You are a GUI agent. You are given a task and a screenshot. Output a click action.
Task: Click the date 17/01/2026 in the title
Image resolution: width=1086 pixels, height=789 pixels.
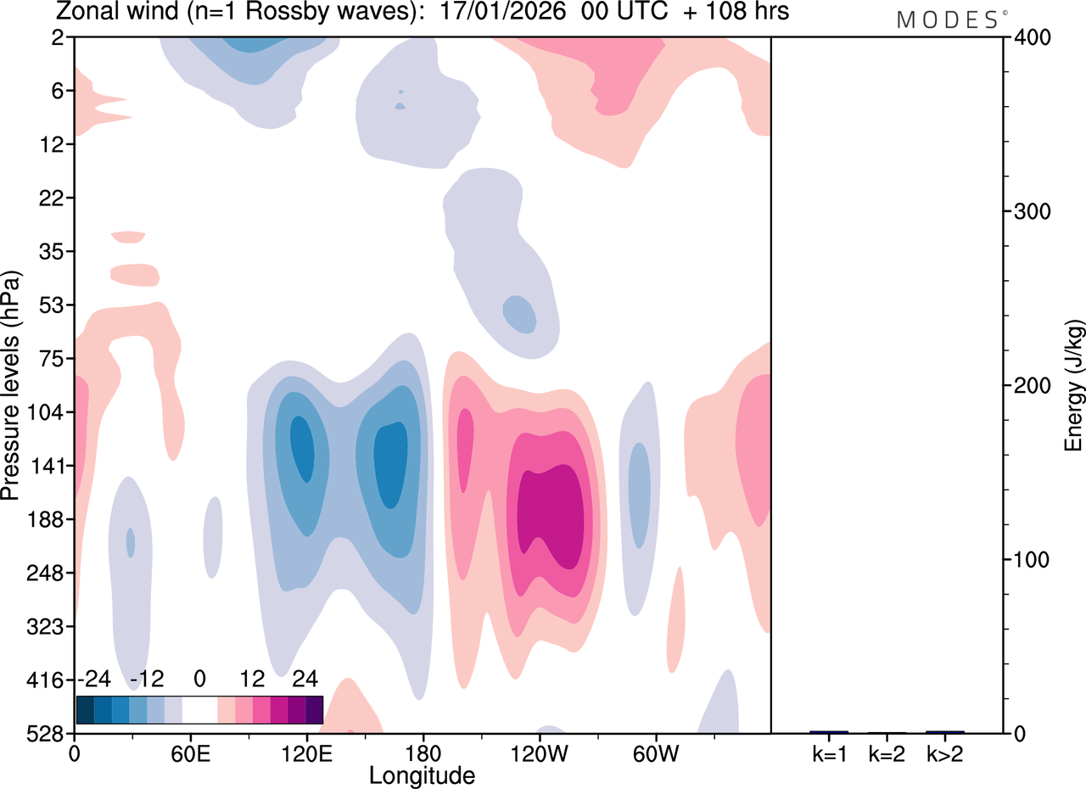(502, 11)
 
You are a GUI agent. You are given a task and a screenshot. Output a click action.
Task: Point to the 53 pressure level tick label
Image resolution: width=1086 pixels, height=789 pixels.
(52, 305)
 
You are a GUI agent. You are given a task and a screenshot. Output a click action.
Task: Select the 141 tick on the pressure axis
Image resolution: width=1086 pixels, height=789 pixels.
(47, 466)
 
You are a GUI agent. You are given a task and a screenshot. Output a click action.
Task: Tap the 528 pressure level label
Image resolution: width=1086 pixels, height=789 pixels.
(45, 734)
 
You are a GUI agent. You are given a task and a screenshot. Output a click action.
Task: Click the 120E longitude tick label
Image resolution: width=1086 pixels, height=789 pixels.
(307, 754)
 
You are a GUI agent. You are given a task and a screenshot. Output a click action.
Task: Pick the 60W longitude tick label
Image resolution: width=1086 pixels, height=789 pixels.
(656, 754)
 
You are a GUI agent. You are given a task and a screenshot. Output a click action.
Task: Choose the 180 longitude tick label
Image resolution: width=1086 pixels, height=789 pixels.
(423, 754)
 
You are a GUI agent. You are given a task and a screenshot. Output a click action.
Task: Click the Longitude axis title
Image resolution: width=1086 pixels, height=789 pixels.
(422, 776)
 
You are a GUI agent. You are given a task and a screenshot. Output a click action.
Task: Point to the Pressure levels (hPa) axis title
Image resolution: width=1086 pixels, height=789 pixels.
(11, 385)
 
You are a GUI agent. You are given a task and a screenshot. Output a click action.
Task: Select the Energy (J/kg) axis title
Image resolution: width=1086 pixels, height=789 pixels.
(1073, 385)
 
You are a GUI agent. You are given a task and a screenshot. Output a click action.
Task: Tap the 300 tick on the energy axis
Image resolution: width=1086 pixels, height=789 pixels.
(1033, 212)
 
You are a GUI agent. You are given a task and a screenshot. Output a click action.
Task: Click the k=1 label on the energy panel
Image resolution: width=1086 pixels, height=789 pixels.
(829, 754)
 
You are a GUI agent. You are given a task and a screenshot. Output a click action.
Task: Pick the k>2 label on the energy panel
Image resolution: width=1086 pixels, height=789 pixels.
(945, 754)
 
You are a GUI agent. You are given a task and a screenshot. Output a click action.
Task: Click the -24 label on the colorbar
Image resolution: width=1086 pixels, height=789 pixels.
(94, 679)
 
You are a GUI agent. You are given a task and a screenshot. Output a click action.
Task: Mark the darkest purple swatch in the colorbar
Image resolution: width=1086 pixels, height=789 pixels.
(314, 710)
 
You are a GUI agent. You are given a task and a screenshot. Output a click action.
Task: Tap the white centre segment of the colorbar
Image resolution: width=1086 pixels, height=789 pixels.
(199, 710)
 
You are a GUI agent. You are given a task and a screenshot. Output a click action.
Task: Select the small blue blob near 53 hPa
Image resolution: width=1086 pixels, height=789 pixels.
(519, 314)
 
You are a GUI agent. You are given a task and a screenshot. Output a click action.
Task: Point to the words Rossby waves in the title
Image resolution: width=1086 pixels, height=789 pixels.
(328, 12)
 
